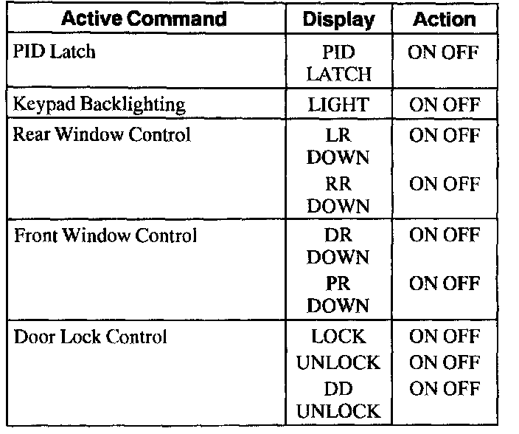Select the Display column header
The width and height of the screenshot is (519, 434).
pyautogui.click(x=338, y=18)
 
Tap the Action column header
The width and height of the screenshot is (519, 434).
pyautogui.click(x=444, y=18)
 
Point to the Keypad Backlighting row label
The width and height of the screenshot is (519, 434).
pyautogui.click(x=99, y=105)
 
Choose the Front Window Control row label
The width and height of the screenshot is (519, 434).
pyautogui.click(x=105, y=236)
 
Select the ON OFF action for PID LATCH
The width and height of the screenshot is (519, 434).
pyautogui.click(x=444, y=53)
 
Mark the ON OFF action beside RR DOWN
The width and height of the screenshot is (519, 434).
pyautogui.click(x=444, y=185)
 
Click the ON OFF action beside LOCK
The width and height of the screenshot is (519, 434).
pyautogui.click(x=444, y=337)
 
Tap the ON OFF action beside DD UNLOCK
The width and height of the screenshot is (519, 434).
pyautogui.click(x=444, y=388)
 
